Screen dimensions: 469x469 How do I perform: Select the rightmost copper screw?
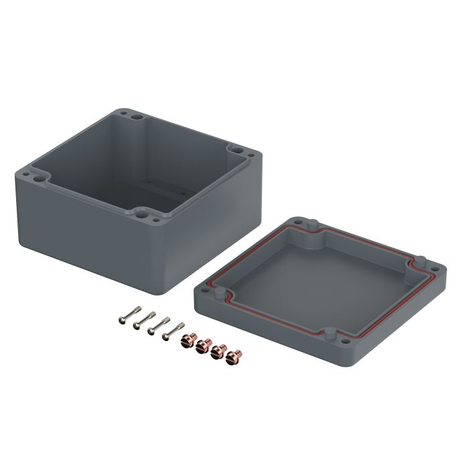[x=233, y=356]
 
